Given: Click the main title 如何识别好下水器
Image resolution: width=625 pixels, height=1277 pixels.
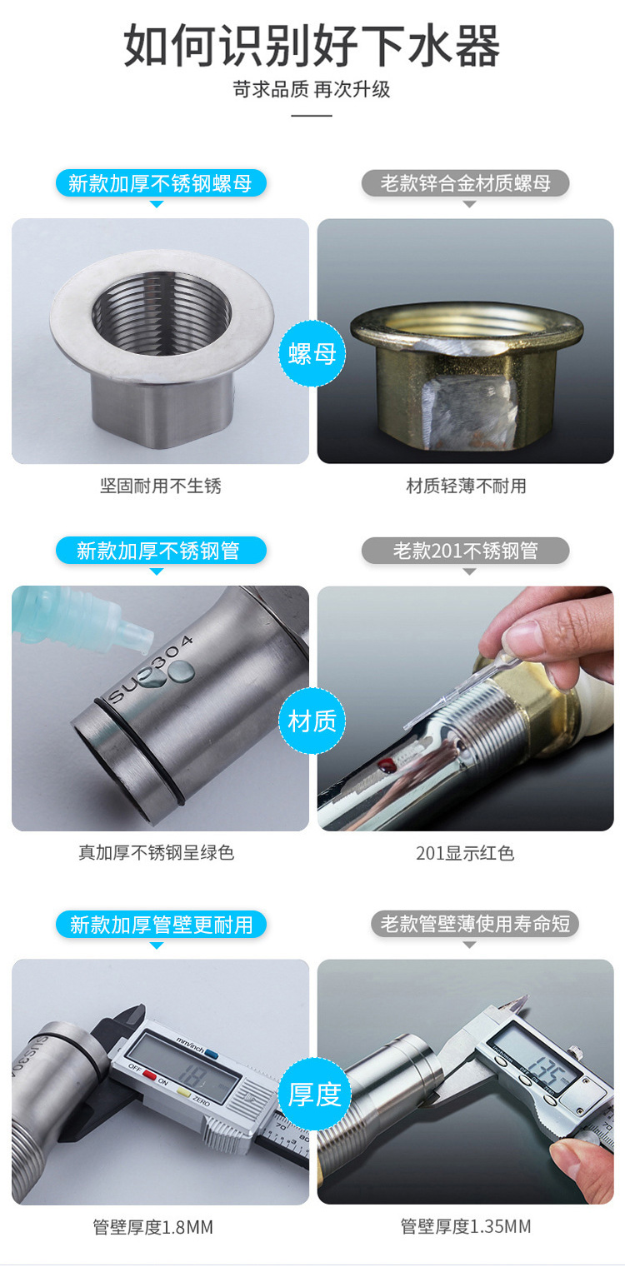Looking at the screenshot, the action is (312, 46).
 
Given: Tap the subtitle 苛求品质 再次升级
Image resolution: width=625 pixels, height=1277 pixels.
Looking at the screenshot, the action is (312, 89).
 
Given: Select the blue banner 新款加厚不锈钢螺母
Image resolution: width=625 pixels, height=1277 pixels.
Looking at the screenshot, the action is (161, 183).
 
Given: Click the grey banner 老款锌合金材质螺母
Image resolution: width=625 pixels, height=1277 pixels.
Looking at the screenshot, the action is (465, 183).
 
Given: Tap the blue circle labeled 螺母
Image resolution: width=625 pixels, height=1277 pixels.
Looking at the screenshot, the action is (312, 353).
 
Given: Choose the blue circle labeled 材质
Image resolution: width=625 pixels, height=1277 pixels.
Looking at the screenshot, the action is (312, 721).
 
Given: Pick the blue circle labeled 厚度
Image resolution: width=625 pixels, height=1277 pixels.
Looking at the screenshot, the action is (312, 1094).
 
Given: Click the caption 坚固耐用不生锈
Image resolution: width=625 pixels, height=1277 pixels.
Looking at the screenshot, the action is (161, 486).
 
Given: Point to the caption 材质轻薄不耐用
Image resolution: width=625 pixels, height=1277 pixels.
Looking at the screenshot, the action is (466, 486).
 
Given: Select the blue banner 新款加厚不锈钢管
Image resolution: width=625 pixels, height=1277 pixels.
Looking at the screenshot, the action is (161, 551).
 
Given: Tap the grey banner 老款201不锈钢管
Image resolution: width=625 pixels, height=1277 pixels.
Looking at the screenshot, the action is (465, 551).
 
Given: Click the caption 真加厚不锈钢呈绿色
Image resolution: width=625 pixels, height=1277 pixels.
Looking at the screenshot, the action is (157, 853).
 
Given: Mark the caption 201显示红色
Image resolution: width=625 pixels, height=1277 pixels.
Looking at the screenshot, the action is (465, 853).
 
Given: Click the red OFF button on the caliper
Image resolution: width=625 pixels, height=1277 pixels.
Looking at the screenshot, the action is (149, 1075).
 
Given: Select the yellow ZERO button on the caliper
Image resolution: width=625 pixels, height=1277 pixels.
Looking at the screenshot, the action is (184, 1093).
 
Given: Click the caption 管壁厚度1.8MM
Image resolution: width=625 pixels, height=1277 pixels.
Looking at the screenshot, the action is (152, 1226).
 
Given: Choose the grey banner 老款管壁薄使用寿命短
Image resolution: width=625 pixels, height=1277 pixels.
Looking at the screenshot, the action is (475, 923).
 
